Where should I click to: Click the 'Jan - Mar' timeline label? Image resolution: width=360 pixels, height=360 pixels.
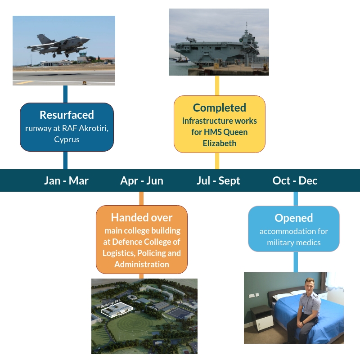coord(66,181)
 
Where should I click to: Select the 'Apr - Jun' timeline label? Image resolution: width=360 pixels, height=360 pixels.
coord(142,181)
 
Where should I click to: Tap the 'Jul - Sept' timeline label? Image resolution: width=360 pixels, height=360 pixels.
coord(218,181)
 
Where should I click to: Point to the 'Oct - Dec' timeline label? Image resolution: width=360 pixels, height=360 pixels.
coord(295,181)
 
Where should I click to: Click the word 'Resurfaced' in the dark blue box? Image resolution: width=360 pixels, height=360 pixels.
coord(67,115)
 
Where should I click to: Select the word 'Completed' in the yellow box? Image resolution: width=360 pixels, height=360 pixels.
coord(220,108)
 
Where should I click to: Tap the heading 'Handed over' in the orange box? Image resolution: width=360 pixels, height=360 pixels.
coord(142,217)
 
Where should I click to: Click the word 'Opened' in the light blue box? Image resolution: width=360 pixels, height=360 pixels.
coord(294,218)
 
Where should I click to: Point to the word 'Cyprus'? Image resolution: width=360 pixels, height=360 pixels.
coord(67,139)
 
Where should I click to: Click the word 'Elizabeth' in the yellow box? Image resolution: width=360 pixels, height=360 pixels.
coord(220,143)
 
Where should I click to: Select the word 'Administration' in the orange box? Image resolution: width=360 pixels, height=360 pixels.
coord(142,264)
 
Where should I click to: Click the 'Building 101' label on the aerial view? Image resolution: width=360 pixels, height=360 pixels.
coord(110,303)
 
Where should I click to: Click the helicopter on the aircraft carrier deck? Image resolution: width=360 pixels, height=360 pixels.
coord(191,40)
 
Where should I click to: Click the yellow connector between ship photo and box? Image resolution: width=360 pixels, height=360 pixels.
coord(217,85)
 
